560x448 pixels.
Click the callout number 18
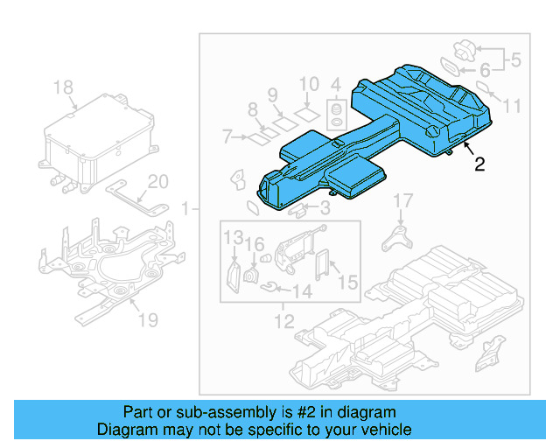click(x=64, y=87)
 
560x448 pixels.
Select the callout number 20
click(x=157, y=182)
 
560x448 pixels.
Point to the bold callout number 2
click(x=479, y=164)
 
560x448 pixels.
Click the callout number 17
click(x=401, y=202)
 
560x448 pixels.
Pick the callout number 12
click(x=283, y=323)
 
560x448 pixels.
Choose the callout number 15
click(x=348, y=282)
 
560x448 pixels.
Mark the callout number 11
click(x=512, y=106)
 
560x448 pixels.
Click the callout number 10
click(x=309, y=85)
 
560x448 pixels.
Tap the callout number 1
click(x=185, y=209)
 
